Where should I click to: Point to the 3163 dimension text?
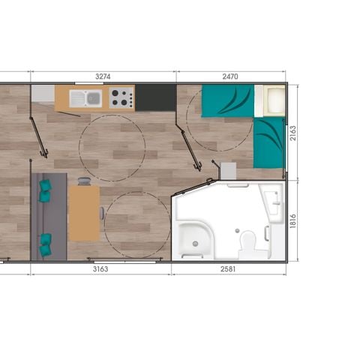click(102, 268)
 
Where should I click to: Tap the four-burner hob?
click(121, 97)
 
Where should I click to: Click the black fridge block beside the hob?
click(154, 97)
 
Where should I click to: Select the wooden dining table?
click(84, 213)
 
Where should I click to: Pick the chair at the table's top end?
click(84, 181)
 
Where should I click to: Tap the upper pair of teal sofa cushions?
click(46, 190)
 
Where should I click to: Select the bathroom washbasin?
click(271, 202)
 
